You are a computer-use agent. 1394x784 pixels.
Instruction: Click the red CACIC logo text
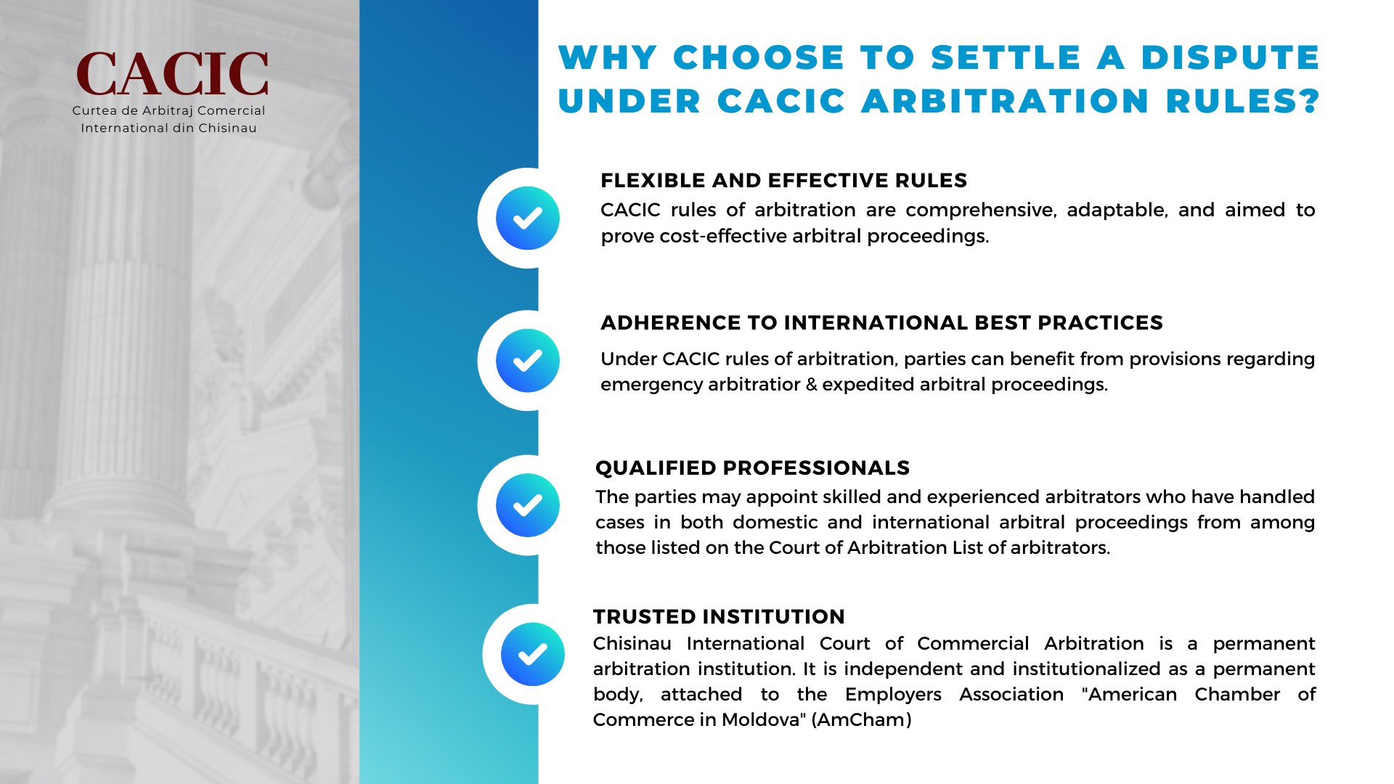172,74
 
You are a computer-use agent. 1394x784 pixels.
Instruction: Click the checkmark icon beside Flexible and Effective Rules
528,218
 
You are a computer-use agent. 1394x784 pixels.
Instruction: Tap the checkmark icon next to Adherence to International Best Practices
528,361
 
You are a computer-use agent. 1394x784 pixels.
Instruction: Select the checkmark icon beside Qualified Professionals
528,505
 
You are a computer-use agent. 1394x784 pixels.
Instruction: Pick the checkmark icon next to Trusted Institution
533,654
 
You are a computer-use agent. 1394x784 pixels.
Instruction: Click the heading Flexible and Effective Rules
784,180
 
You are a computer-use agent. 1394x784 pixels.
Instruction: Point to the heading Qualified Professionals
752,467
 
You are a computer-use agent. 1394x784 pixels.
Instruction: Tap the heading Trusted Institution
719,616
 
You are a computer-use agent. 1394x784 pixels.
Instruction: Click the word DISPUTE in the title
1230,57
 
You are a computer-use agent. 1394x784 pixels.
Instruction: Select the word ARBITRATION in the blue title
1006,101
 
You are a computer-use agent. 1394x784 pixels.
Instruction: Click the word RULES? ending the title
1243,101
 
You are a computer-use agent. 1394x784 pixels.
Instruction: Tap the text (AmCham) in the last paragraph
861,719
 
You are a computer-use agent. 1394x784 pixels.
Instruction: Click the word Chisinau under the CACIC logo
228,128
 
